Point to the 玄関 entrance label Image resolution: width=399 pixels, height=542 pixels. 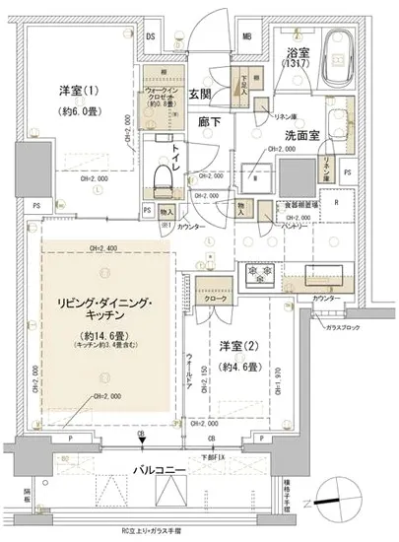[200, 95]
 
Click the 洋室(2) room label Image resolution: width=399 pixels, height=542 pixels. [241, 346]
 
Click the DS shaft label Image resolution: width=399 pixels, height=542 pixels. [151, 36]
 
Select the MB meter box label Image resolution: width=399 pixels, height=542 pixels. [246, 36]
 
